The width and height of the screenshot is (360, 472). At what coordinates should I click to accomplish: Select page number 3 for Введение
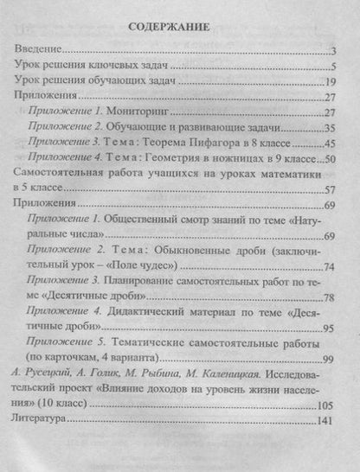click(x=333, y=52)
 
